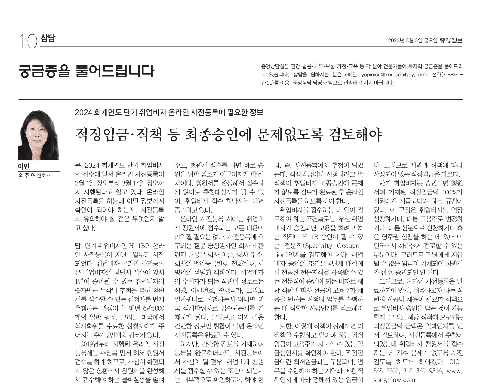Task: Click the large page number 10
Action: click(x=28, y=41)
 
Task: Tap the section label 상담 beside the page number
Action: click(x=48, y=39)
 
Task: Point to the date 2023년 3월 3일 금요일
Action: click(x=413, y=41)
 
